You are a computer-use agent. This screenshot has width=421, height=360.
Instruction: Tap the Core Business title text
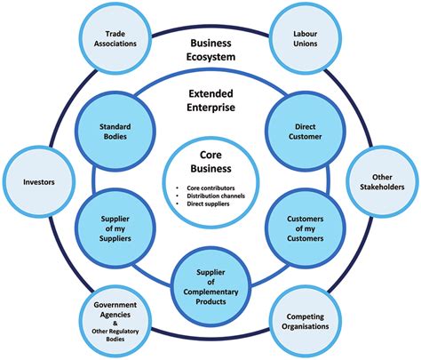click(x=211, y=161)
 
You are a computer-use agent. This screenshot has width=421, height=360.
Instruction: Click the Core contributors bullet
click(x=213, y=188)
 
